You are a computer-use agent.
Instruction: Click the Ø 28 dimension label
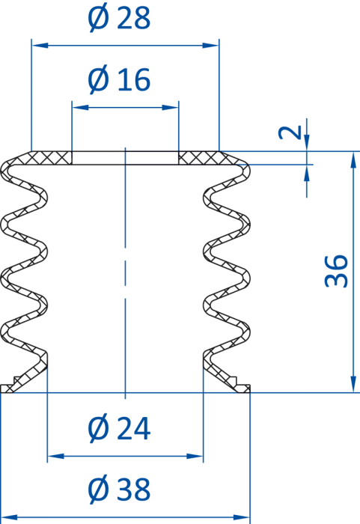(x=119, y=18)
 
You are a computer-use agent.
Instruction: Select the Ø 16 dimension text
(x=119, y=79)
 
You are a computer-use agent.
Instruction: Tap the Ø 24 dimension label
(x=119, y=428)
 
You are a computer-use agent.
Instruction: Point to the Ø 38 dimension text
(x=119, y=489)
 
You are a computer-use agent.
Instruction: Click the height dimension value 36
(x=337, y=271)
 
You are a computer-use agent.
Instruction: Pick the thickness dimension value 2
(x=290, y=132)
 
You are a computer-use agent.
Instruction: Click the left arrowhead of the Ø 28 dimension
(x=40, y=45)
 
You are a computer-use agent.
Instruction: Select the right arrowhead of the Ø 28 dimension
(x=211, y=45)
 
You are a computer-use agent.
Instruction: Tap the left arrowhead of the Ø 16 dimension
(x=80, y=108)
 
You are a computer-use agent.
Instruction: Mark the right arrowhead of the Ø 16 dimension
(x=171, y=108)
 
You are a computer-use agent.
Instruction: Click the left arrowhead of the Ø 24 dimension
(x=55, y=456)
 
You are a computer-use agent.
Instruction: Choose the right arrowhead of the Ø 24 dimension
(x=195, y=456)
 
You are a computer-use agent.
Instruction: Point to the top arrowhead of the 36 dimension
(x=353, y=159)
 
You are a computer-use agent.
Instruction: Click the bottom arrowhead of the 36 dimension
(x=353, y=384)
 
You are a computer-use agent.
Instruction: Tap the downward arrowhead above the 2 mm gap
(x=307, y=143)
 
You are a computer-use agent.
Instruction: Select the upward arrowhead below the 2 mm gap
(x=307, y=173)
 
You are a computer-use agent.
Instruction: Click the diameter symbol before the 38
(x=99, y=489)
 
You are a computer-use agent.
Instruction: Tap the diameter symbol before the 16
(x=99, y=79)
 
